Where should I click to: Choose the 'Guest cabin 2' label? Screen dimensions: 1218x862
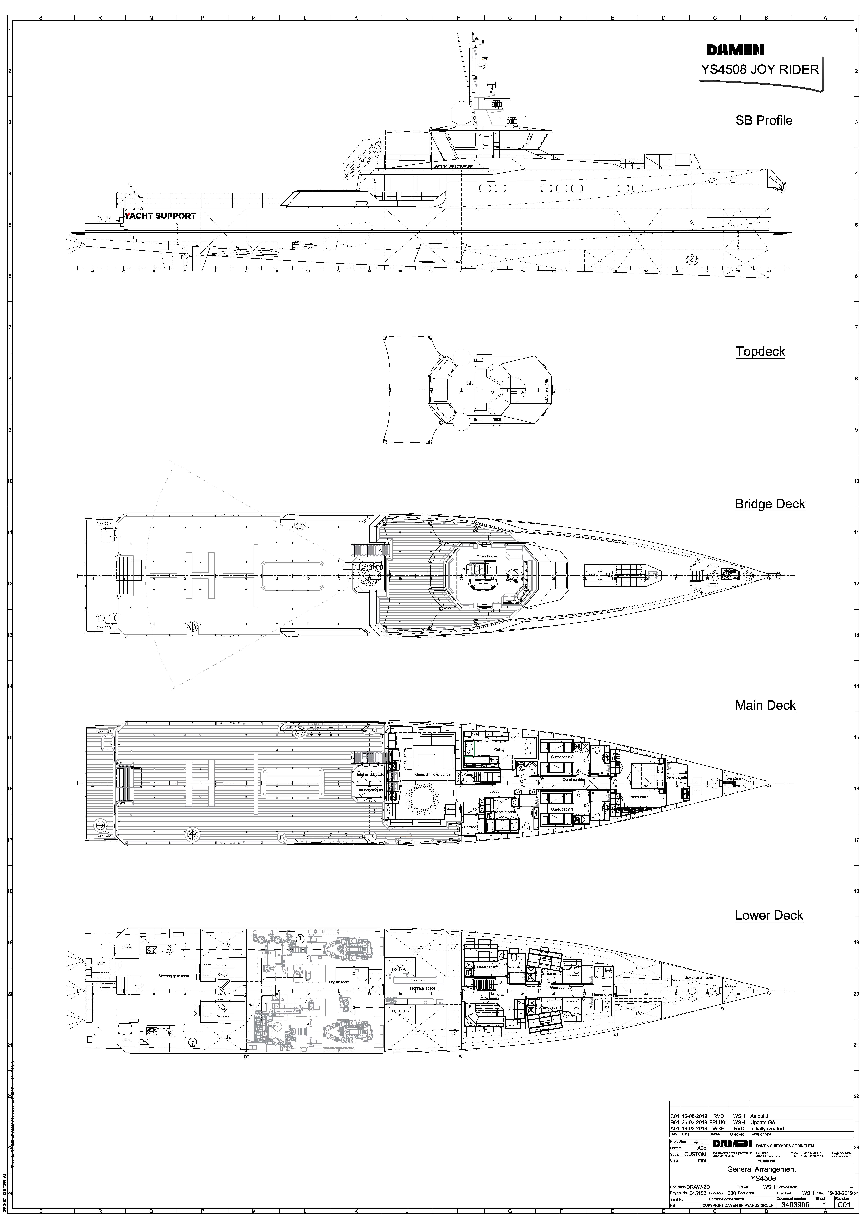coord(562,757)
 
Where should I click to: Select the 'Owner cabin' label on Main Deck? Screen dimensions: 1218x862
coord(639,797)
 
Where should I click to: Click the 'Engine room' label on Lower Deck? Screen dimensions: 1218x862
coord(339,982)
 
